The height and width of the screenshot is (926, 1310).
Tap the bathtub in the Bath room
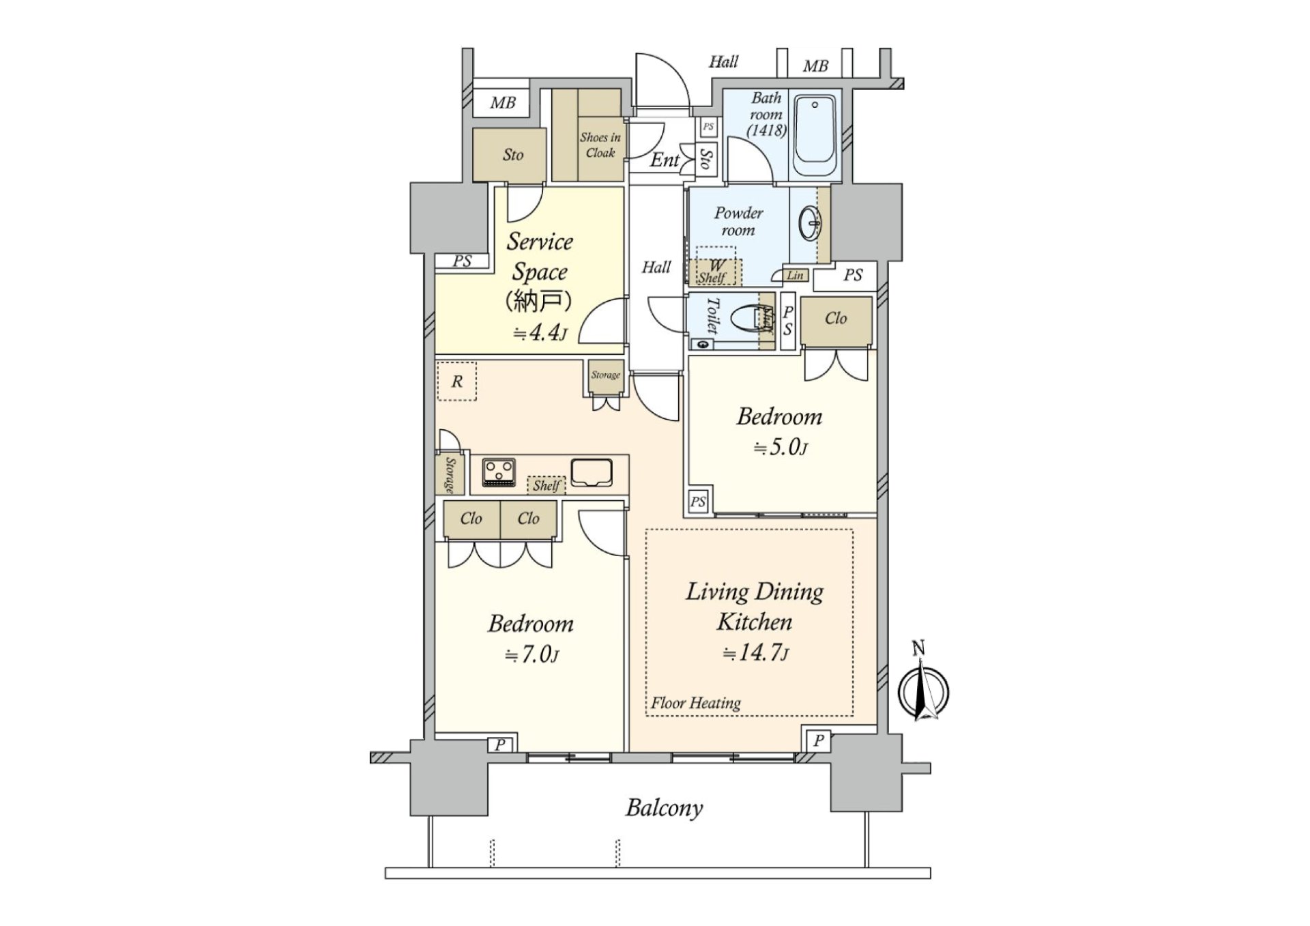[815, 136]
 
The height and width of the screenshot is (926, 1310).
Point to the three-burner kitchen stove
[499, 472]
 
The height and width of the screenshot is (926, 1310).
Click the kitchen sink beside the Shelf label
[591, 472]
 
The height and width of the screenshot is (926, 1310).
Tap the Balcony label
[664, 808]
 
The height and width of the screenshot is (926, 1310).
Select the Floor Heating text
[695, 703]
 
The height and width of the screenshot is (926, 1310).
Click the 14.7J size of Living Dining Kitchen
[755, 653]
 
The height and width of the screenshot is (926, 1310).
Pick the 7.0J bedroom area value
[532, 655]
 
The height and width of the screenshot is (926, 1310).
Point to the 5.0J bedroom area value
[781, 448]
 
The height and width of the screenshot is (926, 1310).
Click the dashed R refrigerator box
[456, 381]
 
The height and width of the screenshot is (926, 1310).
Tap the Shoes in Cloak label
[600, 145]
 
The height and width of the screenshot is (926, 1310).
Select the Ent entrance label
[664, 160]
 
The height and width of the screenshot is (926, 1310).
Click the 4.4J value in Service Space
[540, 333]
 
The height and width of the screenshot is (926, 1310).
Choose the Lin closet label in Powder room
[795, 276]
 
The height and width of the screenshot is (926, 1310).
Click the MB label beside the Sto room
[503, 103]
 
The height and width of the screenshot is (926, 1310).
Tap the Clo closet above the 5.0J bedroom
[836, 319]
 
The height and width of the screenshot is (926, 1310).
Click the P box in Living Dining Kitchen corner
[818, 740]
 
